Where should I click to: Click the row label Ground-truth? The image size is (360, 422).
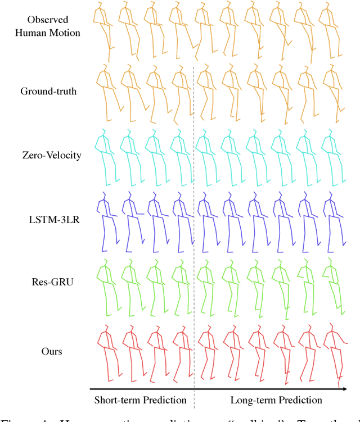tap(48, 91)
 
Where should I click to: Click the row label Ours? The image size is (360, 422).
tap(51, 352)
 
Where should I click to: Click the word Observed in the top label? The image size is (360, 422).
tap(48, 20)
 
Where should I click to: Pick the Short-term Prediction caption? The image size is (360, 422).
tap(139, 400)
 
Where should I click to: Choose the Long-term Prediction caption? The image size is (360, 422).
tap(276, 400)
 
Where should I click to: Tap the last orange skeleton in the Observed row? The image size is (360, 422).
tap(326, 28)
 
